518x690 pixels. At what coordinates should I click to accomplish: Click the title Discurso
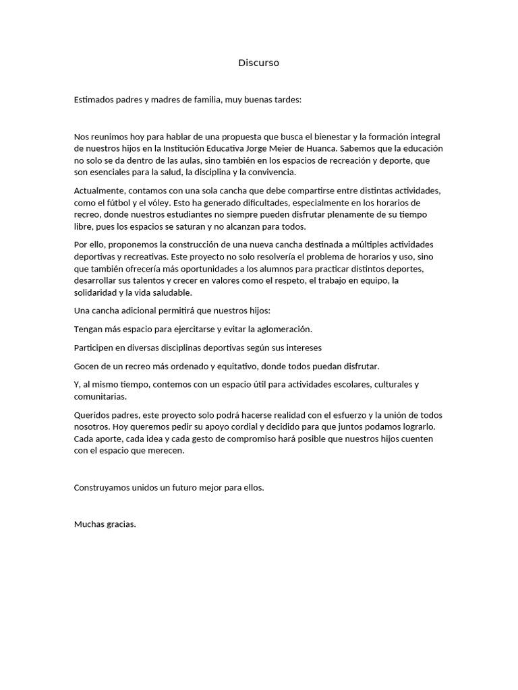[x=258, y=63]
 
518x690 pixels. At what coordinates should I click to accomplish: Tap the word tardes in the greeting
[x=288, y=100]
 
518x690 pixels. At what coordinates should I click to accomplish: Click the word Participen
[x=94, y=348]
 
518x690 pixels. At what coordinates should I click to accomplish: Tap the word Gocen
[x=86, y=366]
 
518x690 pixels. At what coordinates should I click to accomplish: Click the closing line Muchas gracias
[x=105, y=524]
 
